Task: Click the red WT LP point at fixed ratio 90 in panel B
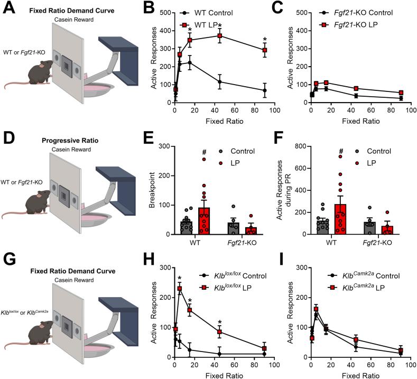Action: (x=264, y=50)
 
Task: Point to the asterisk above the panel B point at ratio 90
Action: (x=264, y=40)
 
